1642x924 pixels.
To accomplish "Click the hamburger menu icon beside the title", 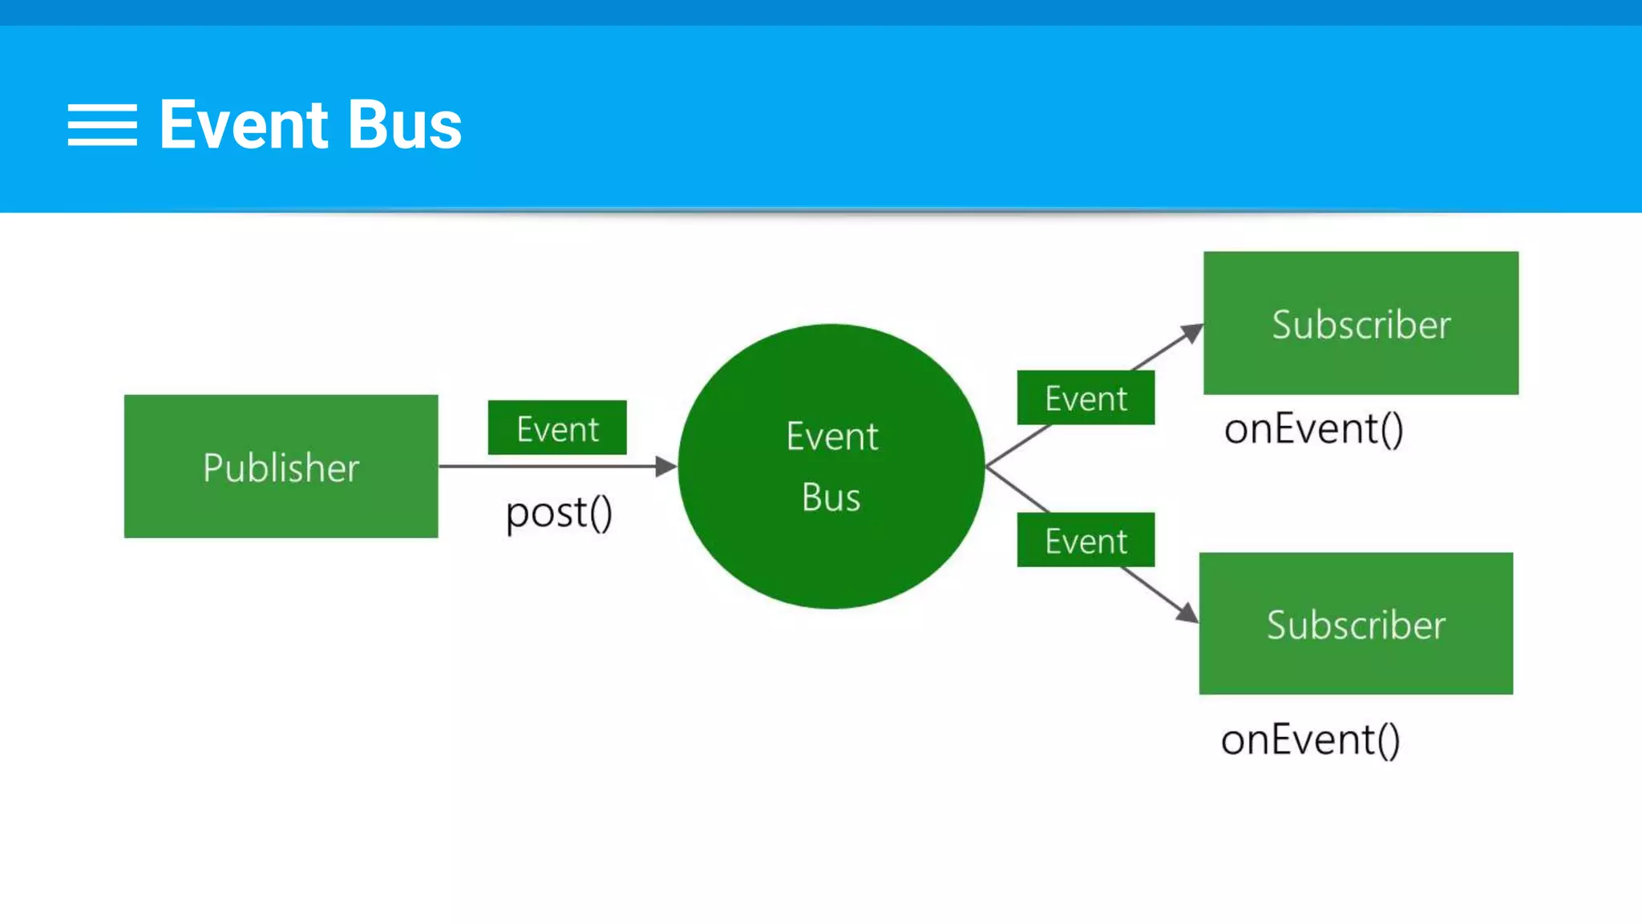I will pyautogui.click(x=102, y=125).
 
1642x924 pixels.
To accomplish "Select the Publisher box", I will pyautogui.click(x=281, y=466).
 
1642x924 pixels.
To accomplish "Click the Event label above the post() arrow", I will pyautogui.click(x=557, y=428).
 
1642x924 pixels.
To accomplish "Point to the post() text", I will pyautogui.click(x=559, y=513).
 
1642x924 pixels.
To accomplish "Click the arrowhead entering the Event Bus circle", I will pyautogui.click(x=665, y=466).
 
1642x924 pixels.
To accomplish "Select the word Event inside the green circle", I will pyautogui.click(x=831, y=437).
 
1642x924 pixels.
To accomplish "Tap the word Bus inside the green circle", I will pyautogui.click(x=831, y=497).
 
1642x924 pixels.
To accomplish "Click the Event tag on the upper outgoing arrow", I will pyautogui.click(x=1086, y=398).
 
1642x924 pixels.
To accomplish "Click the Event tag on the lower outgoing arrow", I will pyautogui.click(x=1086, y=541).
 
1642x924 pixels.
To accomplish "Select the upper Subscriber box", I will pyautogui.click(x=1361, y=323).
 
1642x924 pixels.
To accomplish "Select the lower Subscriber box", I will pyautogui.click(x=1356, y=624).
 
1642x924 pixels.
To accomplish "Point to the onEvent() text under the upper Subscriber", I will pyautogui.click(x=1313, y=428).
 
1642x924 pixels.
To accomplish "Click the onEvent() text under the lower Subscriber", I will pyautogui.click(x=1310, y=739).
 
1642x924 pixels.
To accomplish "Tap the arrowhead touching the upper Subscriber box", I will pyautogui.click(x=1193, y=332).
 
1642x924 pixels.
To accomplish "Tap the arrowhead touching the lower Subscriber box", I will pyautogui.click(x=1188, y=613).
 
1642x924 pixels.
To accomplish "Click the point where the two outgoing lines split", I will pyautogui.click(x=987, y=466).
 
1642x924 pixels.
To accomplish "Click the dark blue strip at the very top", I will pyautogui.click(x=821, y=12).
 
